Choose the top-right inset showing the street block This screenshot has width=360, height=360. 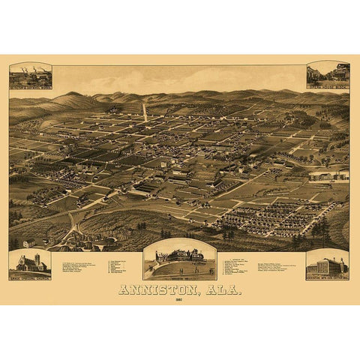coord(328,72)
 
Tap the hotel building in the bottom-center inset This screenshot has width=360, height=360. coord(180,256)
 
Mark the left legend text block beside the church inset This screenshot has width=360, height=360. coord(79,265)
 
